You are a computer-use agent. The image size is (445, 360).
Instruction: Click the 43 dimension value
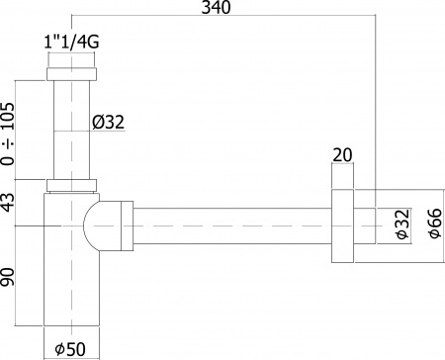pos(9,203)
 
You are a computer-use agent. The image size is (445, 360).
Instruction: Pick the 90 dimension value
pos(9,276)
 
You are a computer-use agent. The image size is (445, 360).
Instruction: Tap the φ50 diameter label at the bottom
pos(71,348)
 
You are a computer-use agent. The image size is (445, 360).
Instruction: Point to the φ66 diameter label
pos(432,225)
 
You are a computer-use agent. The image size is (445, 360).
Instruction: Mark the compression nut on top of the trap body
pos(71,185)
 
